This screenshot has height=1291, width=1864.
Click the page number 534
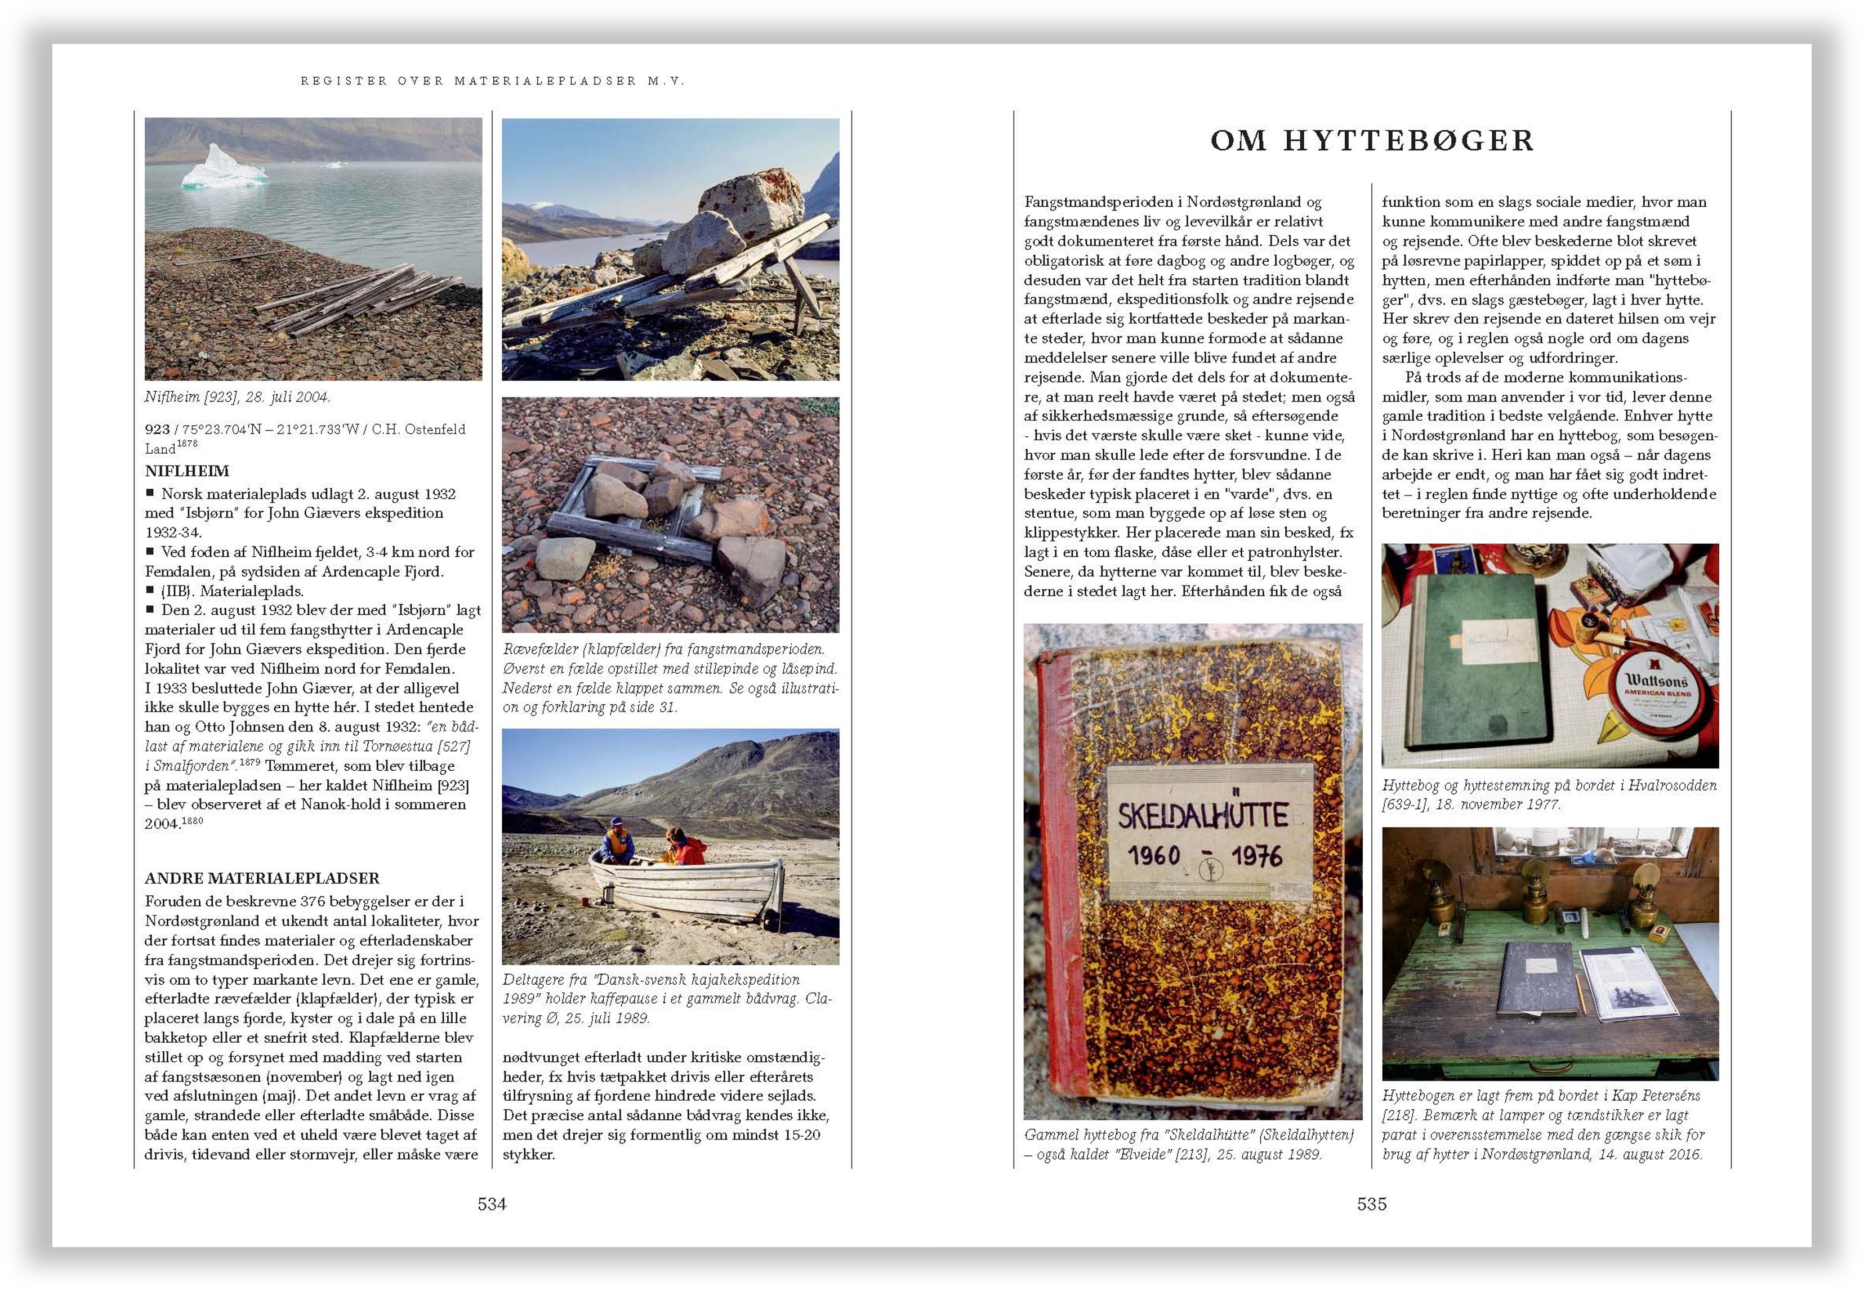pos(491,1204)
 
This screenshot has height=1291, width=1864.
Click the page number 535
pos(1371,1204)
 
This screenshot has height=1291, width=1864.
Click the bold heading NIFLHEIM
pos(187,471)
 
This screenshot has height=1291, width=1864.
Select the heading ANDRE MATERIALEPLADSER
pos(262,878)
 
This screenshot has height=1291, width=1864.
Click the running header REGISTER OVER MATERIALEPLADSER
pos(492,81)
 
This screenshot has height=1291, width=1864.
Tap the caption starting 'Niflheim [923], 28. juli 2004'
pos(237,397)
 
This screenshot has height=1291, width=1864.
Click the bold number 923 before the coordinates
pos(157,430)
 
